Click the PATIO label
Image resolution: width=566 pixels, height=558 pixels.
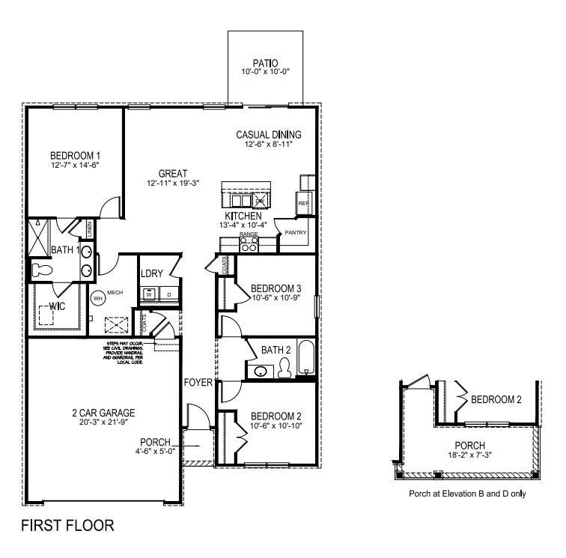pos(265,63)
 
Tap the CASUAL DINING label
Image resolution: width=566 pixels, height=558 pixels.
pos(268,135)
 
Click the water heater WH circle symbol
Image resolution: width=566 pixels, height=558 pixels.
pos(97,297)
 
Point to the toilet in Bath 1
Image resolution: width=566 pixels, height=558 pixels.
pos(40,270)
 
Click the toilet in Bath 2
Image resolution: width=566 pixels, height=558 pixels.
pos(284,367)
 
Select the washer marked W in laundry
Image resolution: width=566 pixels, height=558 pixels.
pos(149,295)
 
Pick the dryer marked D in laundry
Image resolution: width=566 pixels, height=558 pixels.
pos(168,295)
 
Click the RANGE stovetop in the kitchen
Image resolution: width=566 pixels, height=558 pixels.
pos(248,243)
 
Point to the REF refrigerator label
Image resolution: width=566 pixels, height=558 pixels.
pos(303,203)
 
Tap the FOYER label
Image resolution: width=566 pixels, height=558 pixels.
pos(198,383)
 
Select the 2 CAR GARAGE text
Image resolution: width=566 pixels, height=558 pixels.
pos(103,412)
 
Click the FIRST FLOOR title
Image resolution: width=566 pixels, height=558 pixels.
pos(67,525)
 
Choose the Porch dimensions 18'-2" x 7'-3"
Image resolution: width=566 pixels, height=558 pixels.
pos(470,455)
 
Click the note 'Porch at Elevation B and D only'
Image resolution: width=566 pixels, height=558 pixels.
pos(466,494)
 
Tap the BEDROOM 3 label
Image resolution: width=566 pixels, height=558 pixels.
pos(276,288)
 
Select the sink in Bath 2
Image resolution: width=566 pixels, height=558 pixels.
pos(262,371)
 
